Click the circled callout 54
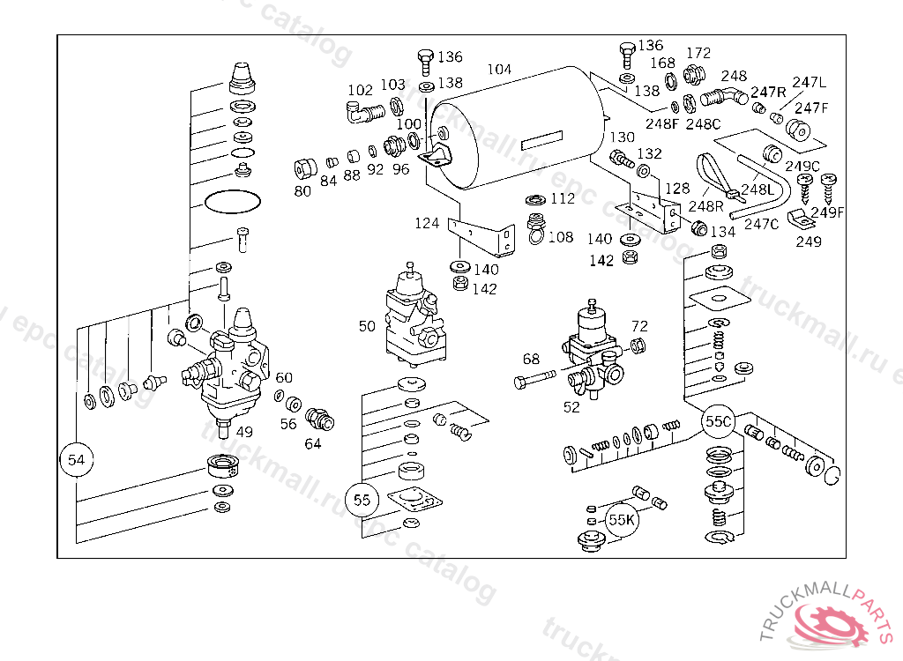(77, 459)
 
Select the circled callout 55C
(718, 422)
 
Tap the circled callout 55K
(622, 520)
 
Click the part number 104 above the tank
(499, 69)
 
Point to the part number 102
(360, 90)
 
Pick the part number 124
(427, 223)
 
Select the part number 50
(367, 326)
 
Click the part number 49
(244, 431)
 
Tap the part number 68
(531, 359)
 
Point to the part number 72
(639, 327)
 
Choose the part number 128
(677, 188)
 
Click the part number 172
(698, 53)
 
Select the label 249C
(802, 166)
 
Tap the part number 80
(302, 190)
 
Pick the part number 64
(313, 443)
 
